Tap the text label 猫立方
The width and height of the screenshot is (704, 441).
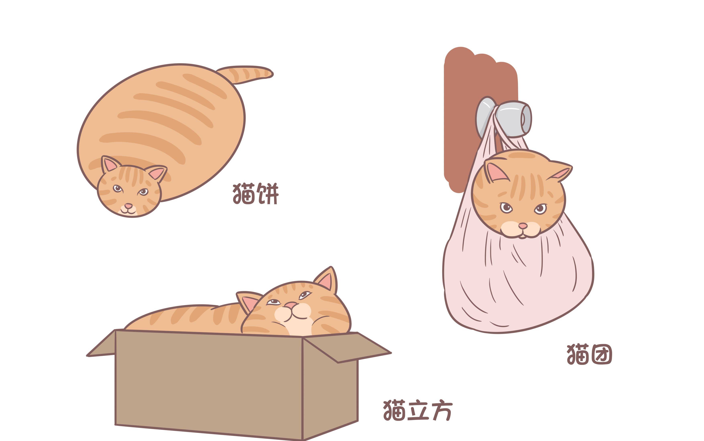[x=418, y=410]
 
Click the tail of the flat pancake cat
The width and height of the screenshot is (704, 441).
[x=245, y=74]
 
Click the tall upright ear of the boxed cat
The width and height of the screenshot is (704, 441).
[x=327, y=279]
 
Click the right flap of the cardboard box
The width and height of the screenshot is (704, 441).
[x=347, y=348]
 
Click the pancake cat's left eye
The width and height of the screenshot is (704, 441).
[x=117, y=188]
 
